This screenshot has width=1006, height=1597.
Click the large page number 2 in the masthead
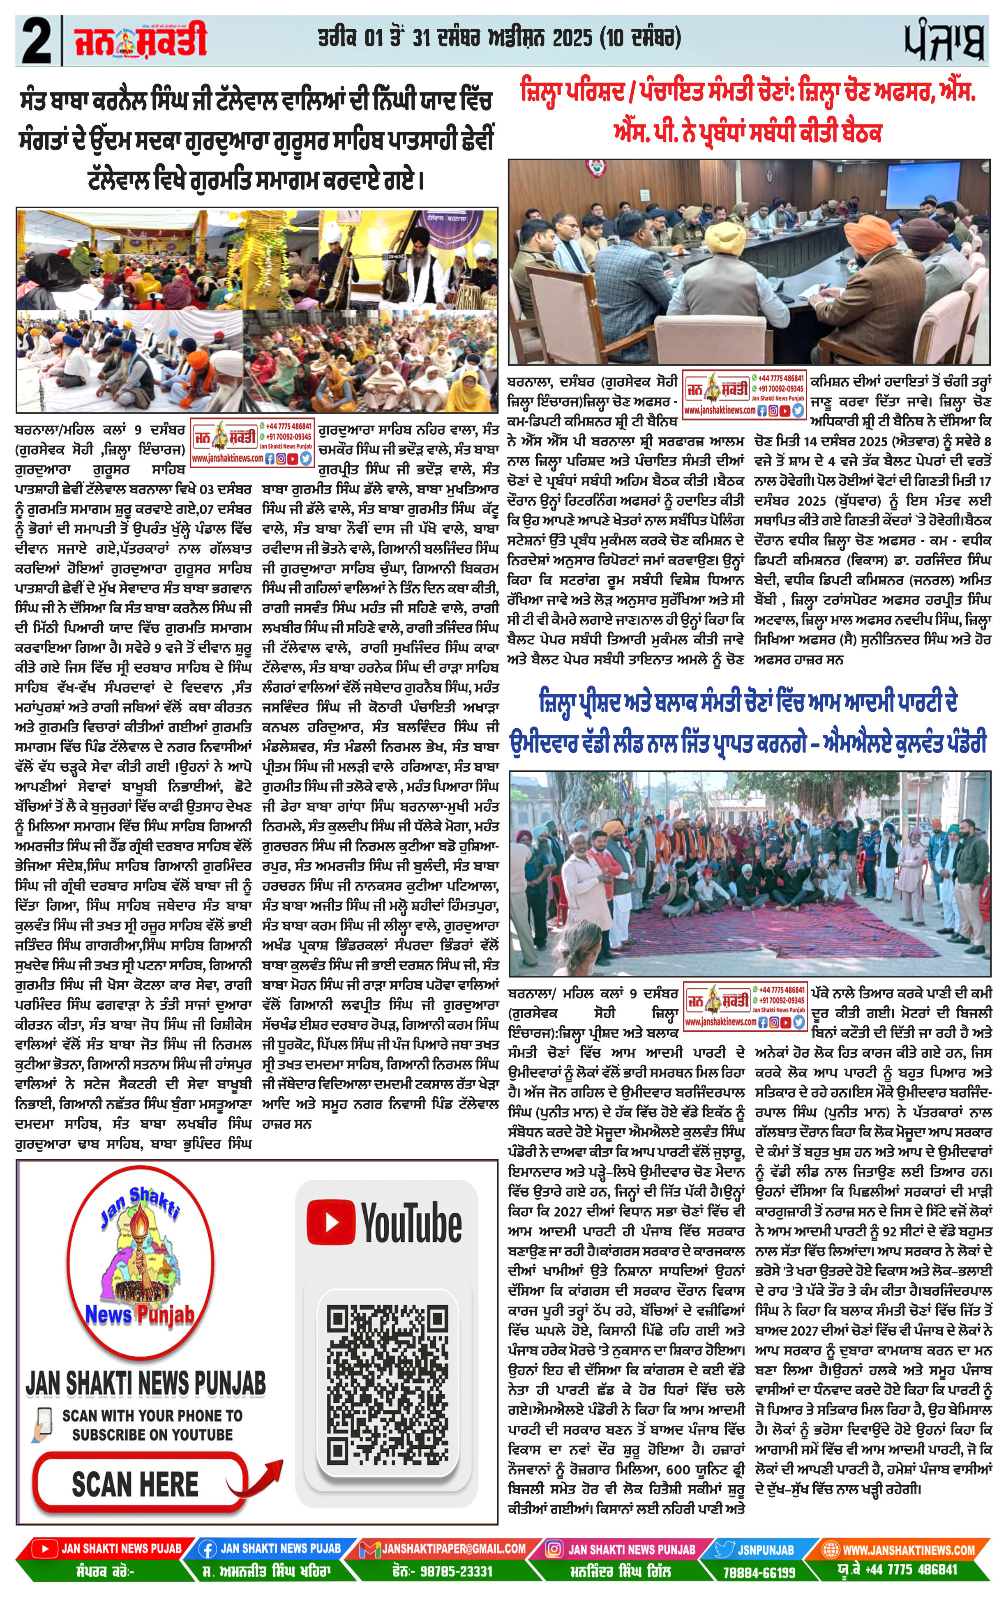37,41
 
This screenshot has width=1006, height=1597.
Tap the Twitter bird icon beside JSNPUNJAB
725,1548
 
